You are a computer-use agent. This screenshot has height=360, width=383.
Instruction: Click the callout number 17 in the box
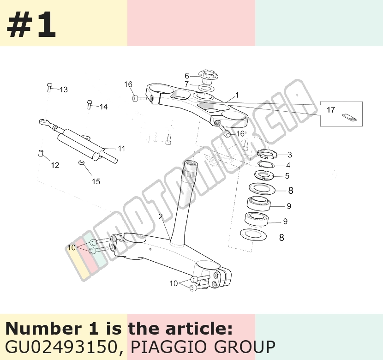pyautogui.click(x=331, y=110)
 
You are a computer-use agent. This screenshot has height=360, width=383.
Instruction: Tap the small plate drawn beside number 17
pyautogui.click(x=349, y=117)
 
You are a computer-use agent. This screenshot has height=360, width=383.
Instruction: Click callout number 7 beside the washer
pyautogui.click(x=186, y=84)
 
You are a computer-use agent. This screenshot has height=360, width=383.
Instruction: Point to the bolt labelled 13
pyautogui.click(x=49, y=87)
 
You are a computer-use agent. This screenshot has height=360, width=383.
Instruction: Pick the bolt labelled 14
pyautogui.click(x=90, y=105)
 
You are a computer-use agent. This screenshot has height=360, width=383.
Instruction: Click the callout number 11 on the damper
pyautogui.click(x=121, y=149)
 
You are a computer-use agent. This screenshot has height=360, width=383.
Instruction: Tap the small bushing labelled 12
pyautogui.click(x=41, y=153)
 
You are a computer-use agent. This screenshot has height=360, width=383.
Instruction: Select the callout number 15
pyautogui.click(x=96, y=181)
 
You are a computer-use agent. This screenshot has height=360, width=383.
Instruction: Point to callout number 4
pyautogui.click(x=288, y=166)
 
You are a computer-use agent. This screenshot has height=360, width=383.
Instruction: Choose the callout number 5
pyautogui.click(x=287, y=176)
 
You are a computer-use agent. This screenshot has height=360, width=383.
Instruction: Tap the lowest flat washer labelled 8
pyautogui.click(x=253, y=235)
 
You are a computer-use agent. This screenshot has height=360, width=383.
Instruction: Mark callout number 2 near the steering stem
pyautogui.click(x=161, y=216)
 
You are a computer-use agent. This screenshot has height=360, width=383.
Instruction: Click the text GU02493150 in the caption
pyautogui.click(x=61, y=347)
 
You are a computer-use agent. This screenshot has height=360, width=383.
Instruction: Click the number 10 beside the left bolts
pyautogui.click(x=72, y=247)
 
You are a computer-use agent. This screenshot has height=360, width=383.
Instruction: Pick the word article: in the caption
pyautogui.click(x=199, y=329)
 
